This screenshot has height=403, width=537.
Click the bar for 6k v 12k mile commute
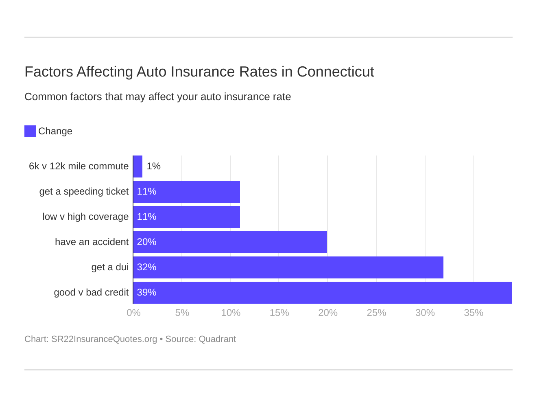point(138,166)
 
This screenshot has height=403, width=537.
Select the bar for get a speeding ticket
point(187,192)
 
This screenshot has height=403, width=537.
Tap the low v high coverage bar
point(187,217)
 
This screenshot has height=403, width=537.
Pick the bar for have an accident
point(230,242)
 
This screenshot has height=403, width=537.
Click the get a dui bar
point(288,267)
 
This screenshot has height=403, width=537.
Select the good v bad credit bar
point(322,293)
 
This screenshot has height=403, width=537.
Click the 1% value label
point(153,166)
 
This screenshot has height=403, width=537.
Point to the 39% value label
point(146,293)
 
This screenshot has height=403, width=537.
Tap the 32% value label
point(146,267)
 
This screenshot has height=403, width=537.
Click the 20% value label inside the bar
point(146,242)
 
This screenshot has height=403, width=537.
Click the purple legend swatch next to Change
point(30,131)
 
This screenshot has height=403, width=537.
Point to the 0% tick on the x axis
point(133,313)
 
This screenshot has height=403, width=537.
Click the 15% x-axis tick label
point(279,313)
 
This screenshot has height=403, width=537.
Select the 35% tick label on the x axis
point(474,313)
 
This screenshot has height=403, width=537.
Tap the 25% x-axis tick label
point(376,313)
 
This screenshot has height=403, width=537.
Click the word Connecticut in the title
point(335,72)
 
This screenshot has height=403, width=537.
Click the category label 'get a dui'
point(110,267)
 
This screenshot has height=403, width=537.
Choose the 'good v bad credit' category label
point(91,293)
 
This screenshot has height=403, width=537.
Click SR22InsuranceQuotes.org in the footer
point(104,339)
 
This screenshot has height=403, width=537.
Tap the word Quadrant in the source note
point(217,339)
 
